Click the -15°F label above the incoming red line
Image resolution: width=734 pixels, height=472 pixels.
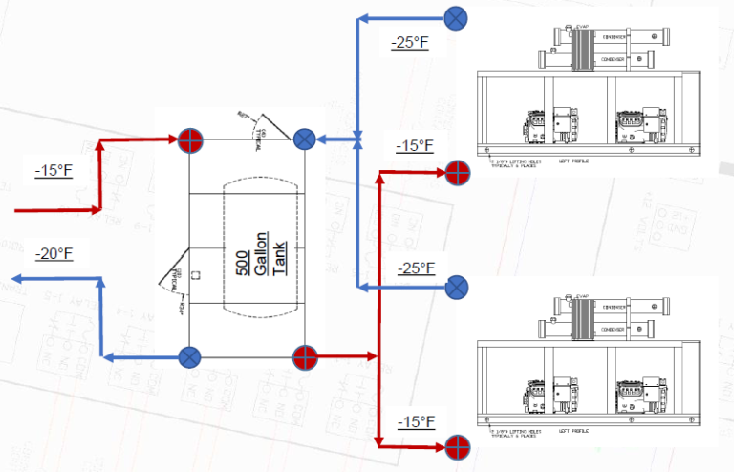[54, 171]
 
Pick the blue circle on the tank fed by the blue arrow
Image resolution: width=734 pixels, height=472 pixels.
[304, 139]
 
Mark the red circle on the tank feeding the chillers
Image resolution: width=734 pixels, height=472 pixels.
[304, 357]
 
